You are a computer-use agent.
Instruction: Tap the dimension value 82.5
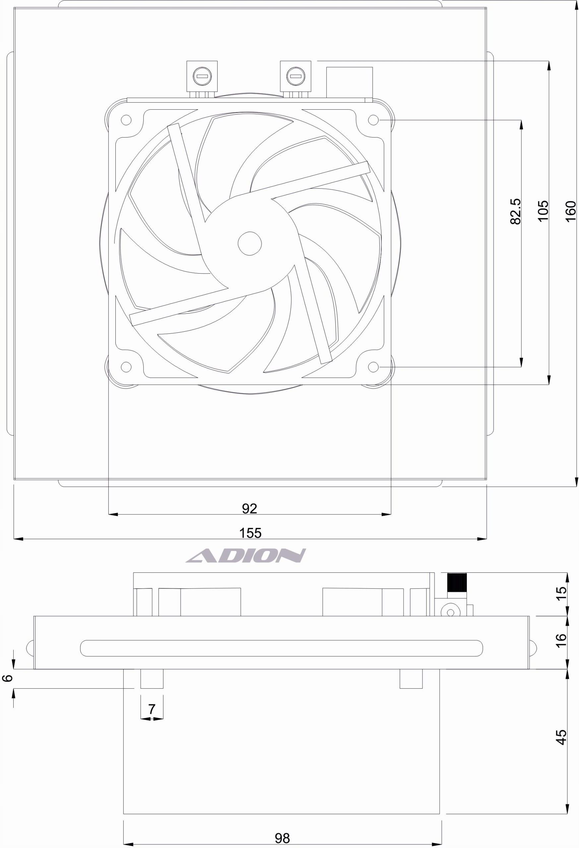515,212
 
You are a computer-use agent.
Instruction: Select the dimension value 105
543,210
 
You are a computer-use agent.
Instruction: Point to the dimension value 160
570,211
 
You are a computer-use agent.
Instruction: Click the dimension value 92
250,508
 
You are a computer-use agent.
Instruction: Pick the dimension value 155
250,533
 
